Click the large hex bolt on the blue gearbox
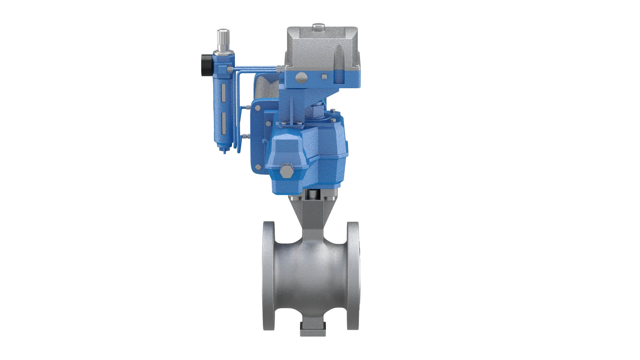(285, 172)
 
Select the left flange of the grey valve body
(268, 276)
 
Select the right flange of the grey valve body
(353, 276)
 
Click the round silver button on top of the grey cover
(318, 27)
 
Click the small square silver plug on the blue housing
(323, 77)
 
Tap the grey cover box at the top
(322, 48)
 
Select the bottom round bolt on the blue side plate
(257, 167)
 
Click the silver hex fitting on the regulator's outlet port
(230, 69)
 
